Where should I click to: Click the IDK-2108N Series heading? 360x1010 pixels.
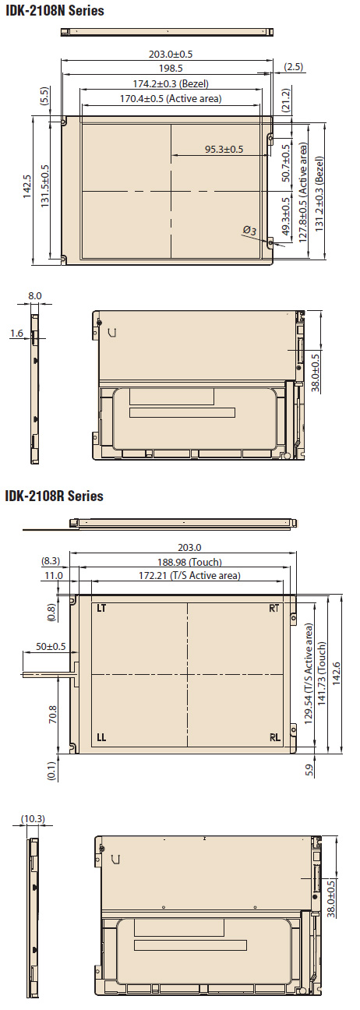tap(55, 10)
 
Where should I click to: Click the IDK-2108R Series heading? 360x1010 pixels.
tap(54, 496)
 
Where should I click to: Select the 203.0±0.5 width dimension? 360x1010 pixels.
tap(171, 54)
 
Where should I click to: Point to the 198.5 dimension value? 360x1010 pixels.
tap(171, 68)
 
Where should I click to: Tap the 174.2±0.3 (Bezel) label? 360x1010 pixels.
tap(171, 83)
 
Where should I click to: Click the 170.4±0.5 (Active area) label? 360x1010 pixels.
tap(171, 98)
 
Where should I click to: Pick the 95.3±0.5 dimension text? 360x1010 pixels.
tap(224, 149)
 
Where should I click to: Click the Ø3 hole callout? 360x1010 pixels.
tap(249, 231)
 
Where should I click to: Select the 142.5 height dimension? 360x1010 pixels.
tap(27, 187)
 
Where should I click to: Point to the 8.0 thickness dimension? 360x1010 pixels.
tap(35, 296)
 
